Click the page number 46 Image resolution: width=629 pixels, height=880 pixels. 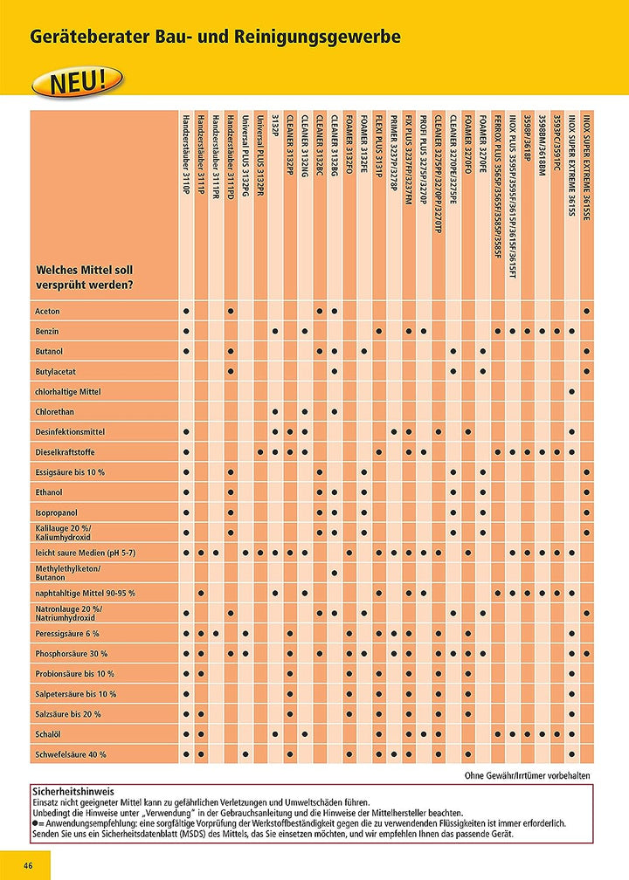click(28, 865)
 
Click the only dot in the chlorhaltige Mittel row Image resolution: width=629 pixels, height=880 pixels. click(571, 392)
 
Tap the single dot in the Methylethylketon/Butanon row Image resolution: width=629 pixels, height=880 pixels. click(334, 573)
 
